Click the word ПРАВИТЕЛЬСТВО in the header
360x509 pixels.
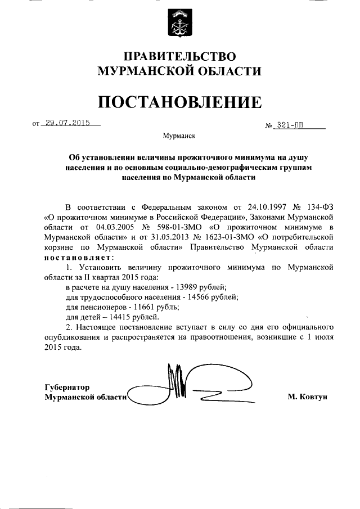click(180, 56)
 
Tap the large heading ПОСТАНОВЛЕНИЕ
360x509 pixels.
click(180, 102)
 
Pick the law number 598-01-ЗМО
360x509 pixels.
click(176, 227)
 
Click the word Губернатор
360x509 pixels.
click(66, 387)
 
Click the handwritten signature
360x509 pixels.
click(191, 388)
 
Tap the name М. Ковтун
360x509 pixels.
click(307, 397)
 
